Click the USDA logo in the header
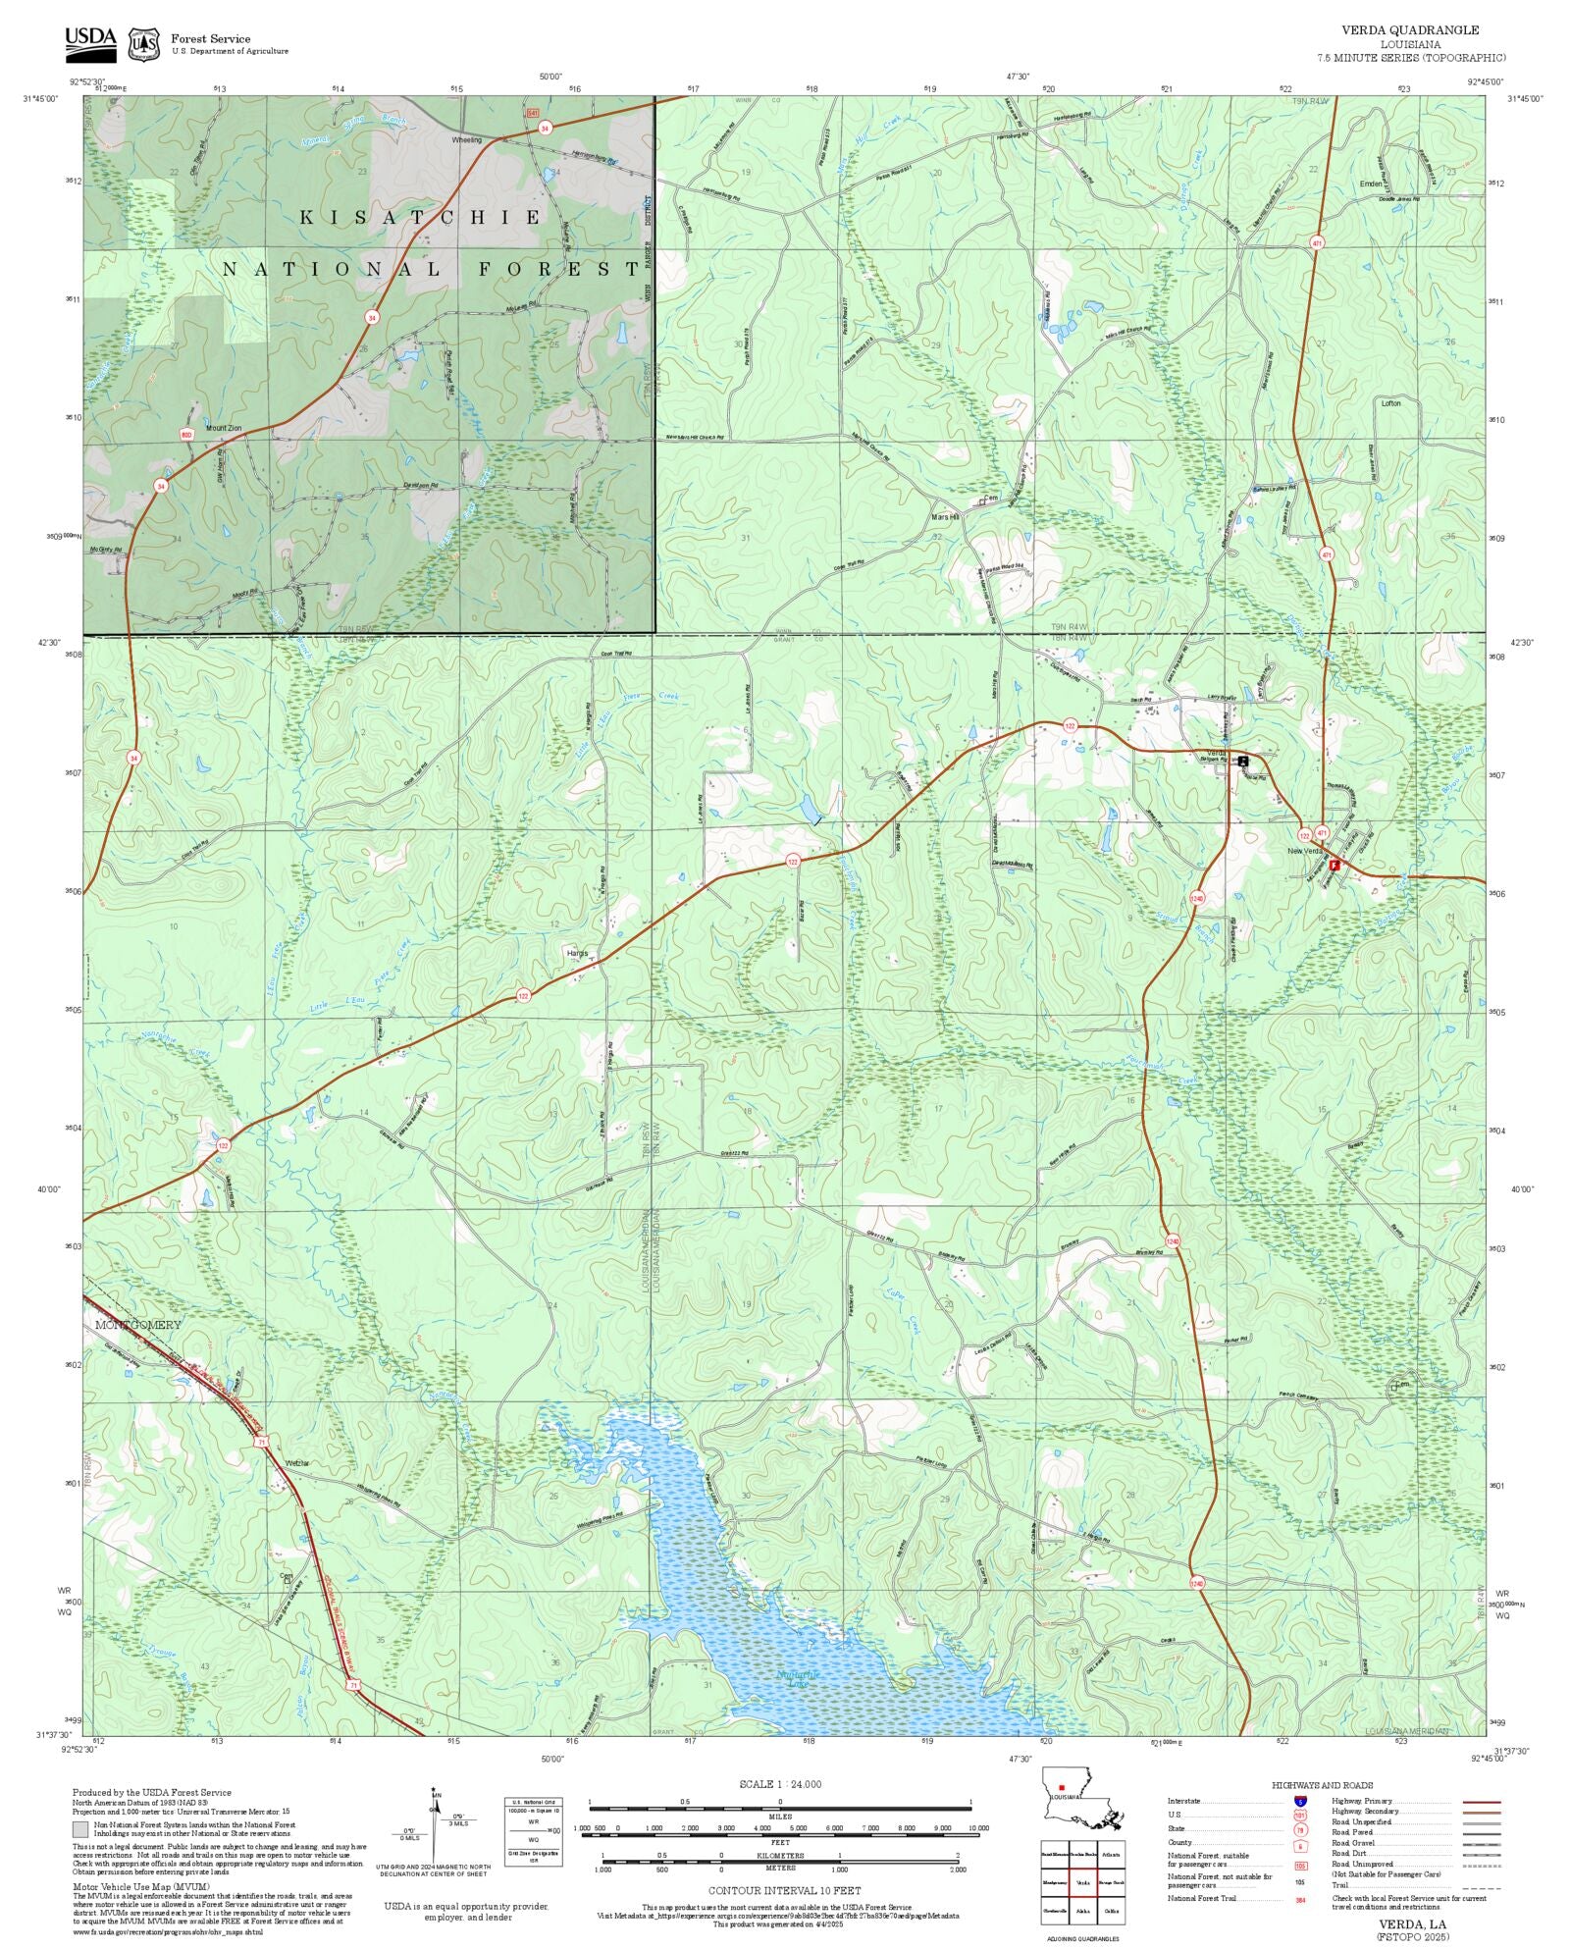[90, 43]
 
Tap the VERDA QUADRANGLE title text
[1410, 30]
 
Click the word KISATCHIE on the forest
[420, 217]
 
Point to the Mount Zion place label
[223, 428]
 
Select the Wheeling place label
[466, 140]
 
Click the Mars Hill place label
[944, 517]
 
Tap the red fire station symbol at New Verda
[1334, 866]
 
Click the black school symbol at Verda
[1243, 761]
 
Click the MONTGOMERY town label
[138, 1325]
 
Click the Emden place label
[1371, 184]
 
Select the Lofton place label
[1390, 403]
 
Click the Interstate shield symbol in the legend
[1301, 1802]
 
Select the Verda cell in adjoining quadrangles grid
[1082, 1883]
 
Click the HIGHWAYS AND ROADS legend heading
[1322, 1785]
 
